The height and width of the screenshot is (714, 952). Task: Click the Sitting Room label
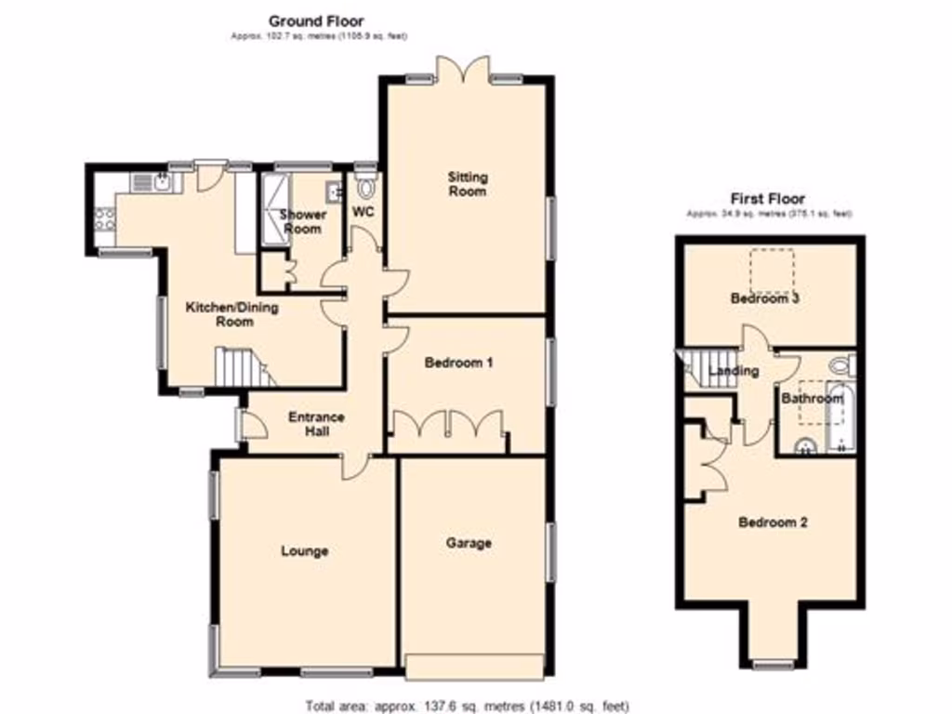(467, 183)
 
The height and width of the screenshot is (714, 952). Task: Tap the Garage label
(468, 543)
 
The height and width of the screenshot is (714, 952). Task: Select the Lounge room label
(305, 551)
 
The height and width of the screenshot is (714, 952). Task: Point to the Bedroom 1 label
(458, 363)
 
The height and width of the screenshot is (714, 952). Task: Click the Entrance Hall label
(316, 424)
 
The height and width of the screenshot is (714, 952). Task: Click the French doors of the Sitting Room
(462, 72)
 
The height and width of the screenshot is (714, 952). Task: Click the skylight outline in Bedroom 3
(773, 269)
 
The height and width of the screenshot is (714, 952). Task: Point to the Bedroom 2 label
(773, 522)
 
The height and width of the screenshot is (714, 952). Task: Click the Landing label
(734, 371)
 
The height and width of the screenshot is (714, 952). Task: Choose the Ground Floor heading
(316, 20)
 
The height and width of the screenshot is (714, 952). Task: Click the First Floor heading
(767, 198)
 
